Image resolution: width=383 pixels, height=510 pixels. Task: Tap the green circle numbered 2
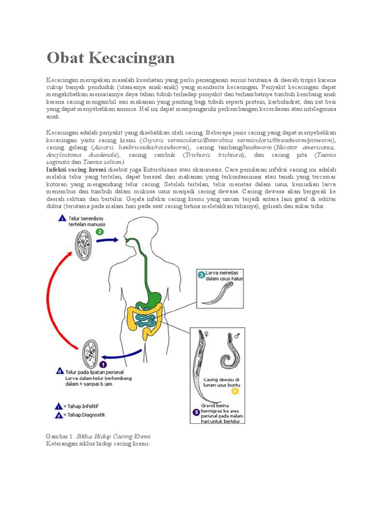99,232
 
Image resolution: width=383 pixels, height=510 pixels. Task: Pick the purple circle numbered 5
196,412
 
